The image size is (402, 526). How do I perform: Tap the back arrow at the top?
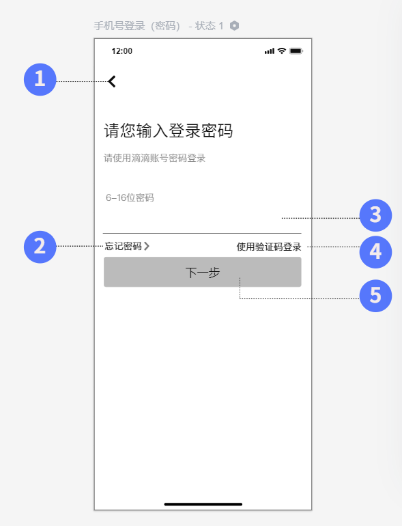[112, 81]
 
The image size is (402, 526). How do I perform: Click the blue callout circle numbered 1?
[40, 79]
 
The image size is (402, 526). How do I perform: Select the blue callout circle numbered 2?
[40, 247]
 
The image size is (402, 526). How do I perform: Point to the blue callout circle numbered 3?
[375, 215]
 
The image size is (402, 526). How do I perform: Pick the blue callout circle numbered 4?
[375, 252]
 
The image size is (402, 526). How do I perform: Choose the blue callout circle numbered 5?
[375, 296]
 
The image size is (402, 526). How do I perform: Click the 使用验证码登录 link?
[269, 247]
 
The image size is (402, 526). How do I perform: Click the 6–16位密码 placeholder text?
[130, 197]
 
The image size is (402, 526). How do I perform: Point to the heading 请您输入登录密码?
[169, 130]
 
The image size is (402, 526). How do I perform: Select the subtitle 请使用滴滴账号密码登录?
[154, 158]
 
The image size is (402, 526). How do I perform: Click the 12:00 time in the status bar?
[121, 51]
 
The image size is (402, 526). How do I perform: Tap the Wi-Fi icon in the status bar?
[282, 51]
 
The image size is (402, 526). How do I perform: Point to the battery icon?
[296, 51]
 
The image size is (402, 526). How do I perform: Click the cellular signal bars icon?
[270, 51]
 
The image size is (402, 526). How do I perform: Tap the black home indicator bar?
[203, 504]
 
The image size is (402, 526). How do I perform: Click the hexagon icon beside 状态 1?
[234, 25]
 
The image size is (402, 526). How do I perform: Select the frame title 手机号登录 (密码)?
[137, 26]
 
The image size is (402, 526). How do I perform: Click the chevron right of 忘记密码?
[147, 246]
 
